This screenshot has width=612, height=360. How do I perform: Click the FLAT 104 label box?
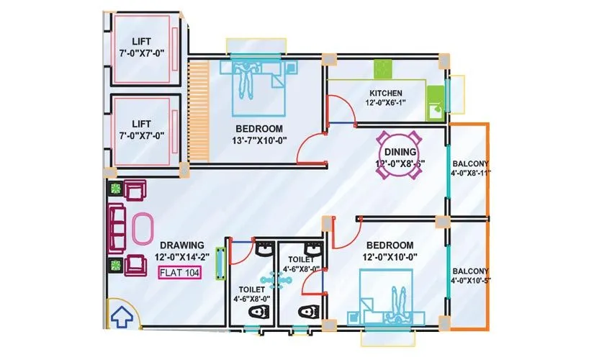(180, 272)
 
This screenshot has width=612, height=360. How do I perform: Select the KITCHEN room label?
(391, 94)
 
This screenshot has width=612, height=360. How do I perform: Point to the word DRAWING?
(182, 245)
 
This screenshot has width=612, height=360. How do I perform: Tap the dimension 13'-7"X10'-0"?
(259, 140)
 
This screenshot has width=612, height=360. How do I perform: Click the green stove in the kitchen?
(381, 69)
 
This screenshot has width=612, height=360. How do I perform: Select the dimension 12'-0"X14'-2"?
(182, 258)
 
